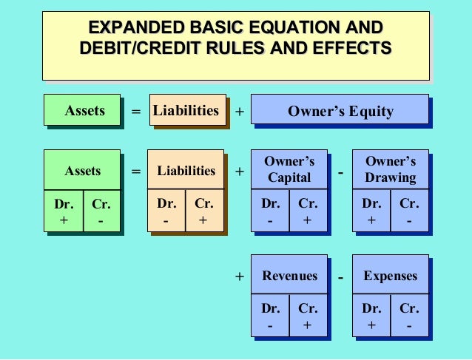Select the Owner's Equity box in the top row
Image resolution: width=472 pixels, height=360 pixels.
pos(340,112)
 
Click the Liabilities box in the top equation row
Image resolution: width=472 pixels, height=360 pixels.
pos(186,111)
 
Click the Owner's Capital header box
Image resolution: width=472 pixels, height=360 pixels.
pos(289,169)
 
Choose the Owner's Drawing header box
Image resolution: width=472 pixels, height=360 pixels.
pos(390,169)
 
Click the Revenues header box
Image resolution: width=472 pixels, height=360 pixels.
pos(289,276)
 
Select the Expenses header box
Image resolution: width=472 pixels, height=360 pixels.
pos(390,276)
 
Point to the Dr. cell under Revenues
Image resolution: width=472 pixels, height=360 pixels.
pos(270,316)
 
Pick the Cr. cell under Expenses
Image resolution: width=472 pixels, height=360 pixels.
pos(409,316)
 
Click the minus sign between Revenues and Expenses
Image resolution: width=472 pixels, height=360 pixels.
pos(340,278)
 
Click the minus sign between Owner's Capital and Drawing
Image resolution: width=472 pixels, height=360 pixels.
pos(340,173)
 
